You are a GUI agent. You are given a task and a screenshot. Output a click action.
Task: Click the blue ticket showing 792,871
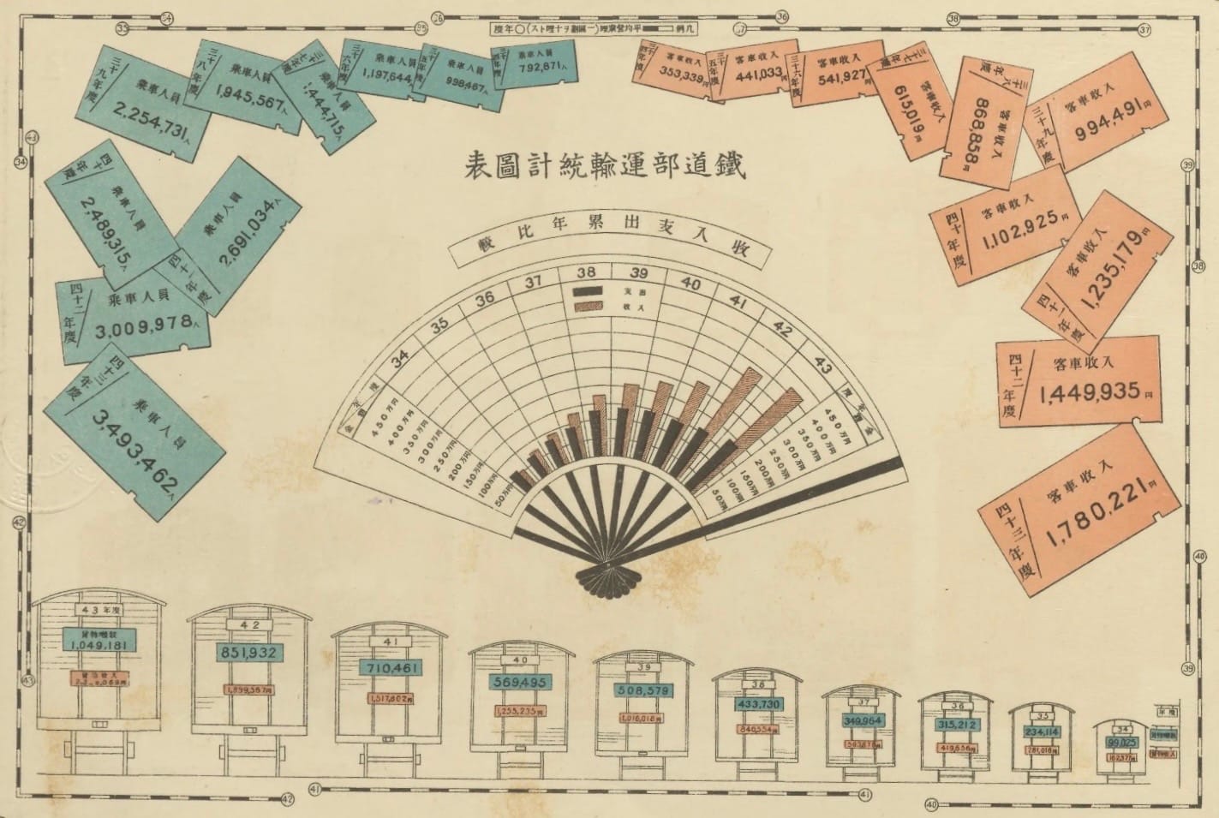tap(534, 63)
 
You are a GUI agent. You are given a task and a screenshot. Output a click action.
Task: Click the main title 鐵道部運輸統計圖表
tap(605, 165)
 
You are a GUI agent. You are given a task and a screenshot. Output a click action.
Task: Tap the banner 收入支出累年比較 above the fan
tap(610, 248)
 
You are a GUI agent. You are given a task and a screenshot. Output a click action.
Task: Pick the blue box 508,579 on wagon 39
tap(643, 690)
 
